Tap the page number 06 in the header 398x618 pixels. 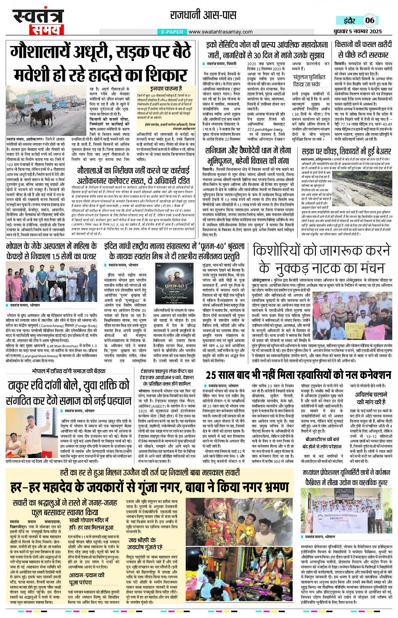369,20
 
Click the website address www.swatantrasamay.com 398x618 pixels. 220,32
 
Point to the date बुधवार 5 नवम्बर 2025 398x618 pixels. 358,32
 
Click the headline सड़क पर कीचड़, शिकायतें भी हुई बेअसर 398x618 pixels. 346,151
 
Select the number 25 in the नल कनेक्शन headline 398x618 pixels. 214,375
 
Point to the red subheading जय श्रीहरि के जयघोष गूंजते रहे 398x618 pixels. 145,543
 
